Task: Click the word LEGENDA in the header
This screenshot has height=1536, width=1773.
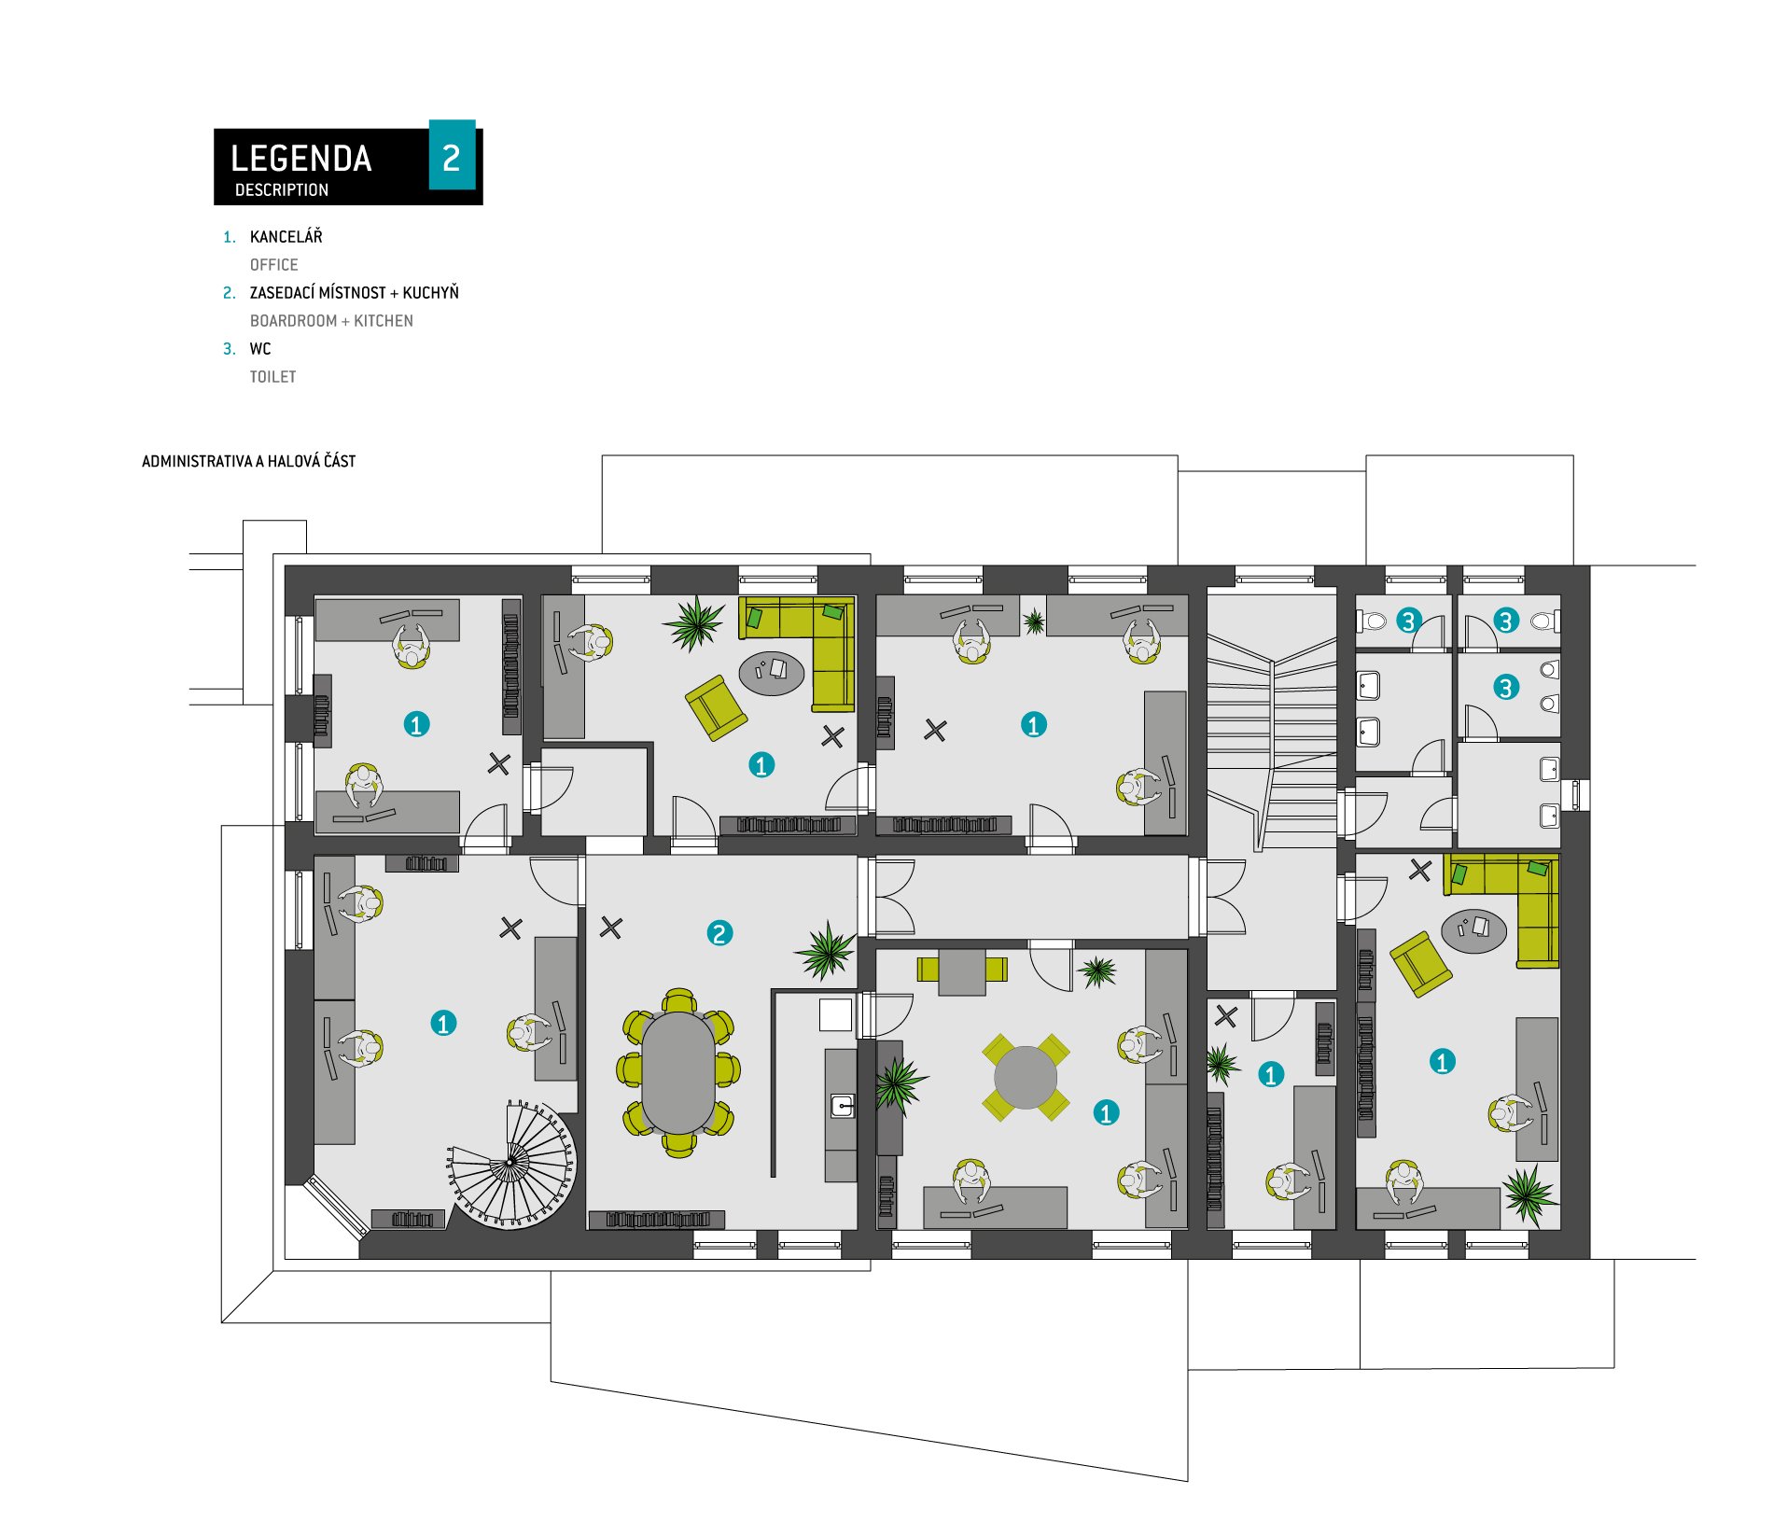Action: [x=300, y=159]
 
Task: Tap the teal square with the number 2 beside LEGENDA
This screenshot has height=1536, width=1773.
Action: [x=452, y=155]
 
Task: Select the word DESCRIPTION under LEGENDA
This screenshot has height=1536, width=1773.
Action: [x=282, y=190]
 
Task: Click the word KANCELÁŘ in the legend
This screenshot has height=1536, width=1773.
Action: [x=286, y=236]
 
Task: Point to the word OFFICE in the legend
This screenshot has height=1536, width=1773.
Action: [x=274, y=265]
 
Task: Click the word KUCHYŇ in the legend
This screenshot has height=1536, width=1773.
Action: [x=431, y=292]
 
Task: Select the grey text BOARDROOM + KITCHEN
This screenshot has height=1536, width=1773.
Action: [x=331, y=321]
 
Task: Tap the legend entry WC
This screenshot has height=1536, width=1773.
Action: [x=260, y=349]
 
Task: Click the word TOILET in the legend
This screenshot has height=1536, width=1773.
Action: [x=272, y=377]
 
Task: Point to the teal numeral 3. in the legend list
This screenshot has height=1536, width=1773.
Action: [x=229, y=349]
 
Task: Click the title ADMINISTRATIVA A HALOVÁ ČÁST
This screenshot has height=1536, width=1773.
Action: [x=248, y=461]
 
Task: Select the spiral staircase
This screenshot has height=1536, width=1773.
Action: [x=511, y=1163]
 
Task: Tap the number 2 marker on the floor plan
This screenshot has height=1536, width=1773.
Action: [x=719, y=933]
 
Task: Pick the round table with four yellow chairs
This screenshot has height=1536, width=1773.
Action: [x=1026, y=1077]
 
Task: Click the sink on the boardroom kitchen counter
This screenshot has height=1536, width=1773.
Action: [x=843, y=1107]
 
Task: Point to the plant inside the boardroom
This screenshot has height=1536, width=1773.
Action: [x=826, y=950]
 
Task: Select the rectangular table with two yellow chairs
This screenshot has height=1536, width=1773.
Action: [x=962, y=971]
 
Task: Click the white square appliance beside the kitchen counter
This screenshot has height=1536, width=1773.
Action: [x=835, y=1014]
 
